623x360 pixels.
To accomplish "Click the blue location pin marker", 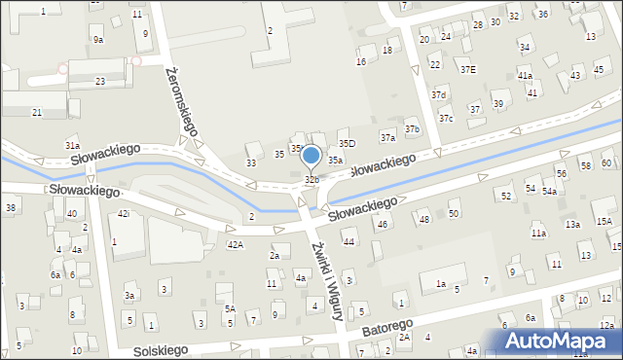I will pos(311,157).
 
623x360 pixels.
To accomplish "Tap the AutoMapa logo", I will pos(559,341).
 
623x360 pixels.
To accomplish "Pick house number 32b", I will pos(311,180).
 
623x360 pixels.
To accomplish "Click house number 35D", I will pos(347,144).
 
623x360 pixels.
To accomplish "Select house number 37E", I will pos(468,69).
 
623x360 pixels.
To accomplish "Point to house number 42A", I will pos(236,244).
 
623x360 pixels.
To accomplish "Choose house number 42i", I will pos(124,213).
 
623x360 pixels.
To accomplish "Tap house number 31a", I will pos(72,145).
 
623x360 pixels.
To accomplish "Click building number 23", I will pos(100,81).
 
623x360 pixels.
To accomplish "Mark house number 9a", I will pos(98,39).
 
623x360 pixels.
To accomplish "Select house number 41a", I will pos(525,75).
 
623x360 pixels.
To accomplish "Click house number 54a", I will pos(550,191).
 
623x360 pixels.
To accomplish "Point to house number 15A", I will pos(605,222).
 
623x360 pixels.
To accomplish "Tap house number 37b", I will pos(412,129).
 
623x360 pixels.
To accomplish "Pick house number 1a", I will pos(440,284).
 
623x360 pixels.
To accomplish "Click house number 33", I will pos(251,162).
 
